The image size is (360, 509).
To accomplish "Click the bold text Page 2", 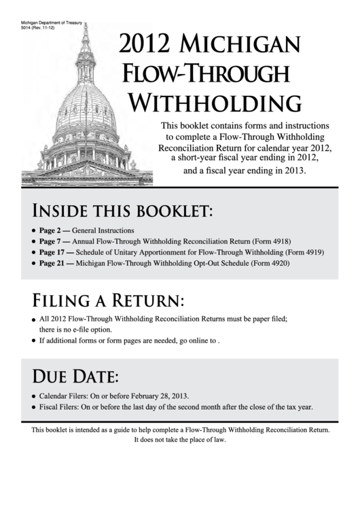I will pyautogui.click(x=52, y=230).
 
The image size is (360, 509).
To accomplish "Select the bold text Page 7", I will pyautogui.click(x=52, y=241).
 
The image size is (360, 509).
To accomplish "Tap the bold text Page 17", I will pyautogui.click(x=54, y=251).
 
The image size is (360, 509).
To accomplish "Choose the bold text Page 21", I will pyautogui.click(x=54, y=262).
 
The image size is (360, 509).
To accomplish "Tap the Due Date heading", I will pyautogui.click(x=75, y=376).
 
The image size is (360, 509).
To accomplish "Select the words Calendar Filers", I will pyautogui.click(x=65, y=396).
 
